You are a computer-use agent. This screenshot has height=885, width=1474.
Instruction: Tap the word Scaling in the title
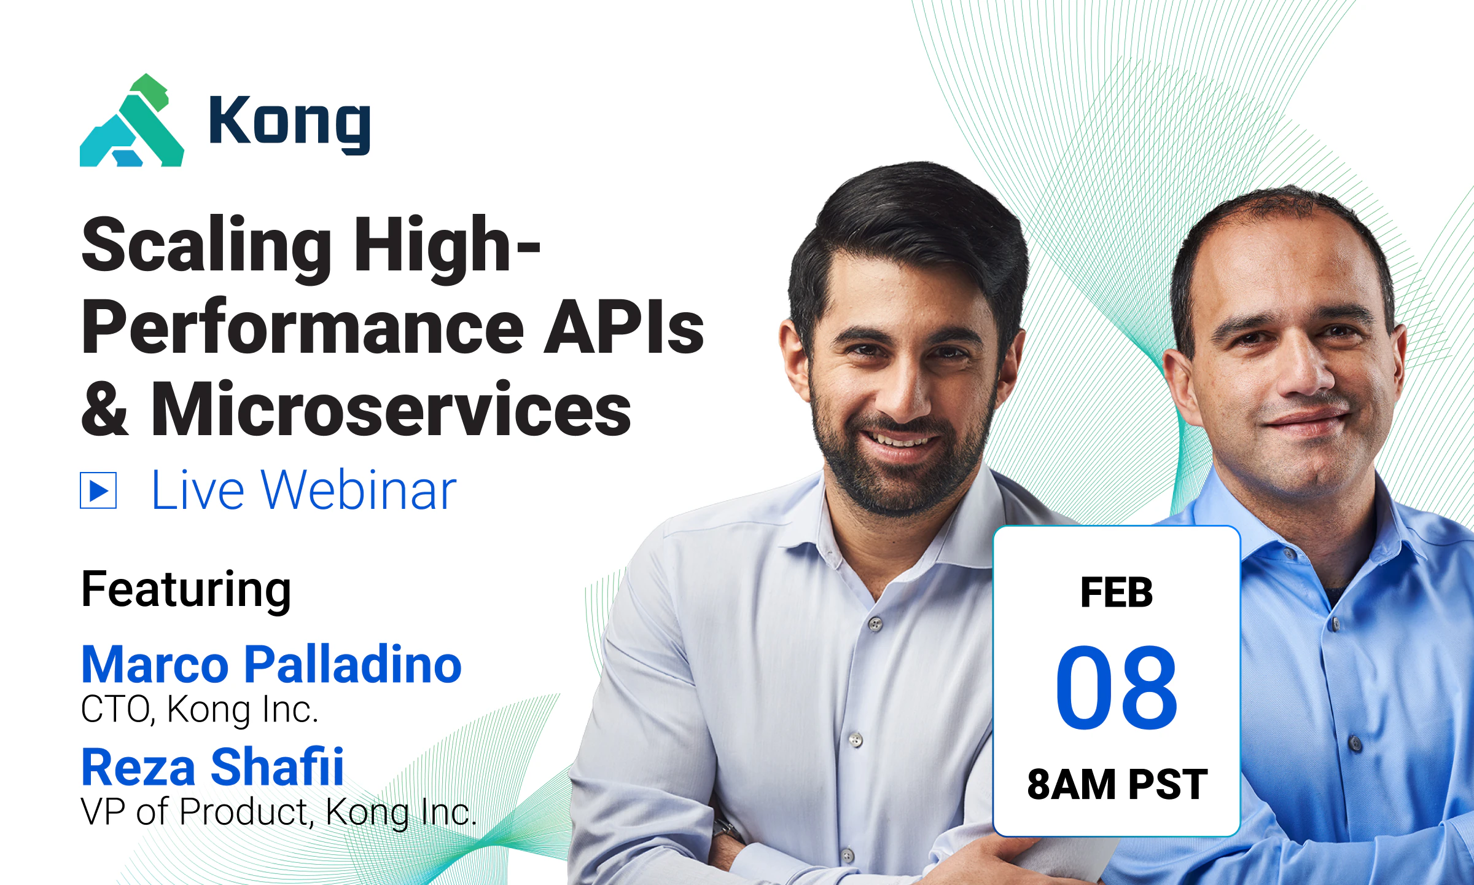[x=206, y=246]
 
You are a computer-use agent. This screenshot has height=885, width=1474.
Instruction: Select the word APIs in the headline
[x=623, y=328]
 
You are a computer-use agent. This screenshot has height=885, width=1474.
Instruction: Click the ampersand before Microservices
[x=105, y=409]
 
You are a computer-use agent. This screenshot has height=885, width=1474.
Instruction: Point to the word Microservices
[x=391, y=409]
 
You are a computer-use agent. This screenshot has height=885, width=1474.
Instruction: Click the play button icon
[x=98, y=490]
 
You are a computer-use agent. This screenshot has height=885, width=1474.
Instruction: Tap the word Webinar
[x=359, y=490]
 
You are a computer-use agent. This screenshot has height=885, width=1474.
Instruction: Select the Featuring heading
[x=186, y=590]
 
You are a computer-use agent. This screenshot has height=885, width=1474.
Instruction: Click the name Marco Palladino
[x=271, y=665]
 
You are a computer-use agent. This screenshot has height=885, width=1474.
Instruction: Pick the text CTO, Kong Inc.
[x=200, y=710]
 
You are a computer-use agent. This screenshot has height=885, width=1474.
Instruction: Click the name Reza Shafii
[x=213, y=767]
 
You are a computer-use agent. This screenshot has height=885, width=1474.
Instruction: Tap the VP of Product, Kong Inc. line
[x=278, y=812]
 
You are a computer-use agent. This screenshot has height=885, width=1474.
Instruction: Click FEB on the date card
[x=1117, y=593]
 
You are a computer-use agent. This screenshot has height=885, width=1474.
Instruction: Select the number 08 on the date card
[x=1117, y=687]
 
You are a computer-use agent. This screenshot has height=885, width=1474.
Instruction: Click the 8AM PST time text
[x=1117, y=785]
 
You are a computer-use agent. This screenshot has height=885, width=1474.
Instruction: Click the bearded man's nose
[x=908, y=393]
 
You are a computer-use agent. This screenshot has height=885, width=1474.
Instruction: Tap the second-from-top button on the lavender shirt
[x=856, y=739]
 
